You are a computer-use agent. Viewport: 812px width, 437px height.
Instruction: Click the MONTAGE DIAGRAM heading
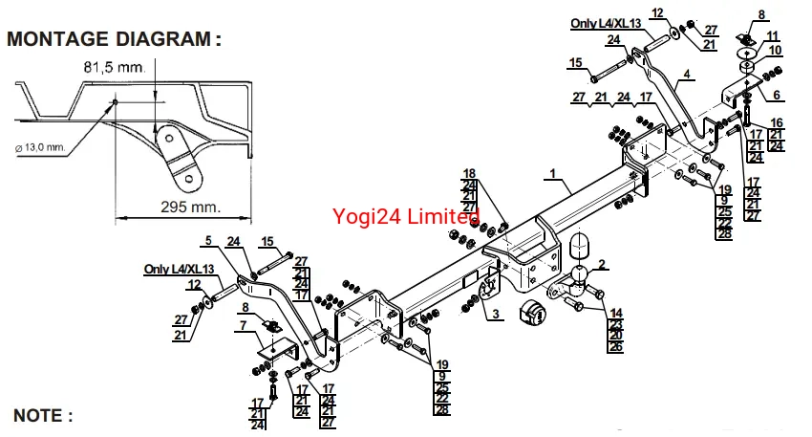pos(114,39)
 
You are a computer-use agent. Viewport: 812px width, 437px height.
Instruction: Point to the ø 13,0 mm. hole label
pos(40,146)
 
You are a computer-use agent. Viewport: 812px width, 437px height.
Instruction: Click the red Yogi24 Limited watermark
pos(406,217)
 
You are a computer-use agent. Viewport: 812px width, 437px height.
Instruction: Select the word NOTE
pos(42,415)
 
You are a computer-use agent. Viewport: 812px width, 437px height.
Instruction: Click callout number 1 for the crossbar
pos(552,174)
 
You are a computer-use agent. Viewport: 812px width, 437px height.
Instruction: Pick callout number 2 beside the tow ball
pos(602,263)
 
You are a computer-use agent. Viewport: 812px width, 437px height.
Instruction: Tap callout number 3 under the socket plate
pos(496,314)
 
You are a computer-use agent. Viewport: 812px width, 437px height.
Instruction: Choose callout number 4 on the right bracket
pos(686,75)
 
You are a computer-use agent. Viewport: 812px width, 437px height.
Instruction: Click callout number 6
pos(777,95)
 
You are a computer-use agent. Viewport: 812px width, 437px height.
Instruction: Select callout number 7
pos(243,325)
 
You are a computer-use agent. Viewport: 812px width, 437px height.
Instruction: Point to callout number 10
pos(775,50)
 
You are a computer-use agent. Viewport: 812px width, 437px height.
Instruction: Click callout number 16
pos(776,122)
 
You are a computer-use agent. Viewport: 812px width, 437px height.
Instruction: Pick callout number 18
pos(469,173)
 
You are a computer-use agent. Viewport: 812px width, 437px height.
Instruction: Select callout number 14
pos(616,313)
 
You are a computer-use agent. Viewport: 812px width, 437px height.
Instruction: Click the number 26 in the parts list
pos(616,347)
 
